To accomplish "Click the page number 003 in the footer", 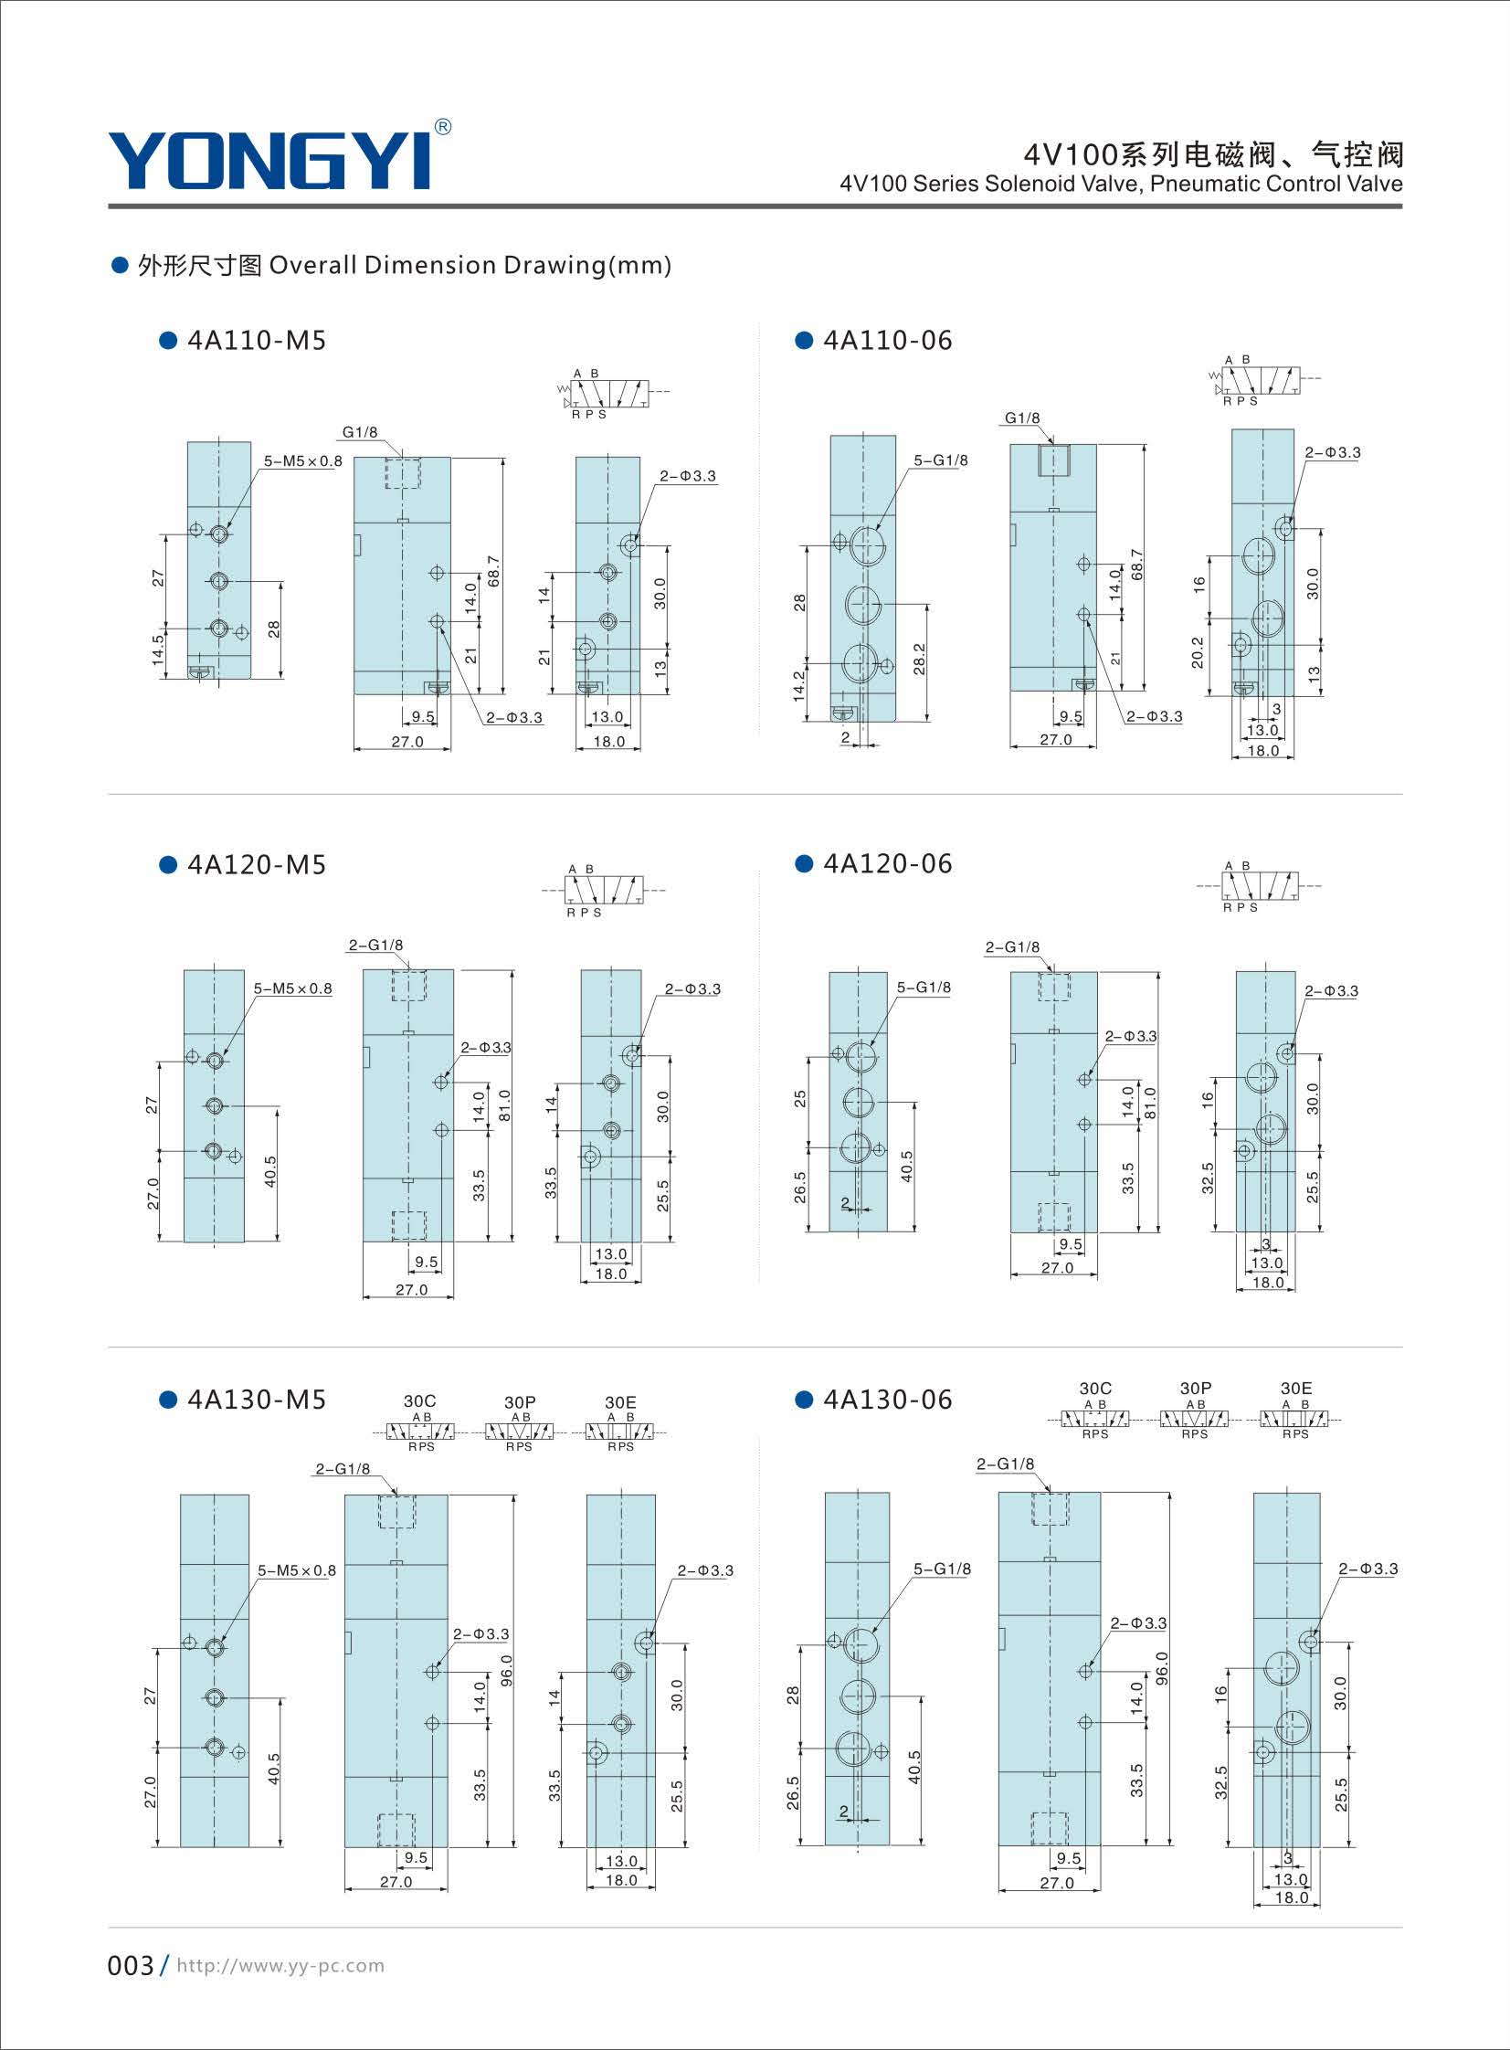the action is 131,1965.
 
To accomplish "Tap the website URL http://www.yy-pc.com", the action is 280,1965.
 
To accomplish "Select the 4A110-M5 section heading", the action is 257,341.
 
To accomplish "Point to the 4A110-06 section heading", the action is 888,341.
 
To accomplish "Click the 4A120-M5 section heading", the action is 257,864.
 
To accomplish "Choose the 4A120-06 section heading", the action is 888,863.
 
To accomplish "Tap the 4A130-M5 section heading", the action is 257,1400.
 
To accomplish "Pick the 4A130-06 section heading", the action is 888,1400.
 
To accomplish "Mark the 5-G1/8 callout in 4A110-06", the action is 941,460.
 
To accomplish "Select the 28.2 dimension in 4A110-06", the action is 919,659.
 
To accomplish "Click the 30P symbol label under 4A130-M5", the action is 519,1401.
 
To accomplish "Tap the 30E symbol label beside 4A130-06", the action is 1295,1389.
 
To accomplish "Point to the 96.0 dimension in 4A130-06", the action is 1162,1668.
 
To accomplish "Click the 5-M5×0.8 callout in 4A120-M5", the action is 293,988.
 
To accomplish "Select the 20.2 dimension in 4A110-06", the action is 1198,652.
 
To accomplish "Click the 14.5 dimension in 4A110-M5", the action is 157,650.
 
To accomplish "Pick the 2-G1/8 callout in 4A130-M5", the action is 343,1469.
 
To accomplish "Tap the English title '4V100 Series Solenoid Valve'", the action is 991,184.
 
